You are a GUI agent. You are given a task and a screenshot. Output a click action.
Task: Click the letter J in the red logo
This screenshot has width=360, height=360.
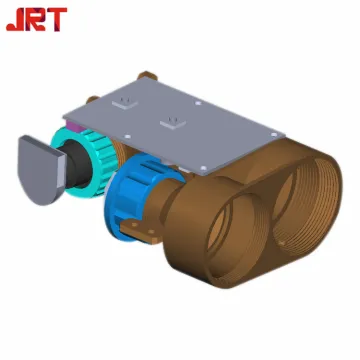click(15, 20)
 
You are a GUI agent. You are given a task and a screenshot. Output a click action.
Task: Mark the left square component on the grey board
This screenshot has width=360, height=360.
click(127, 102)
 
